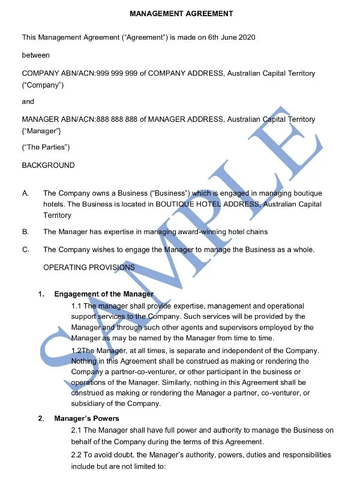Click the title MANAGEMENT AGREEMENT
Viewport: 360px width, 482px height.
click(181, 13)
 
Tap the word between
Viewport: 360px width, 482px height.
click(36, 55)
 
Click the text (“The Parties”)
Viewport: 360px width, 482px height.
click(46, 147)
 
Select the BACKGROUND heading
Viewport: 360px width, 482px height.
click(49, 165)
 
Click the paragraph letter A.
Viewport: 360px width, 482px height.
click(25, 193)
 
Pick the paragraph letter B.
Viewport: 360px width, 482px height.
click(25, 232)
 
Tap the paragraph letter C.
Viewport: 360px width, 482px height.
click(25, 249)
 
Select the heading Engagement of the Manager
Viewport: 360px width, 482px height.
click(104, 294)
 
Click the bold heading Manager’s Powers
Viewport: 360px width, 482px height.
click(86, 418)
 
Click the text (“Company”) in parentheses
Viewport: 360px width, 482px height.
click(43, 85)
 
